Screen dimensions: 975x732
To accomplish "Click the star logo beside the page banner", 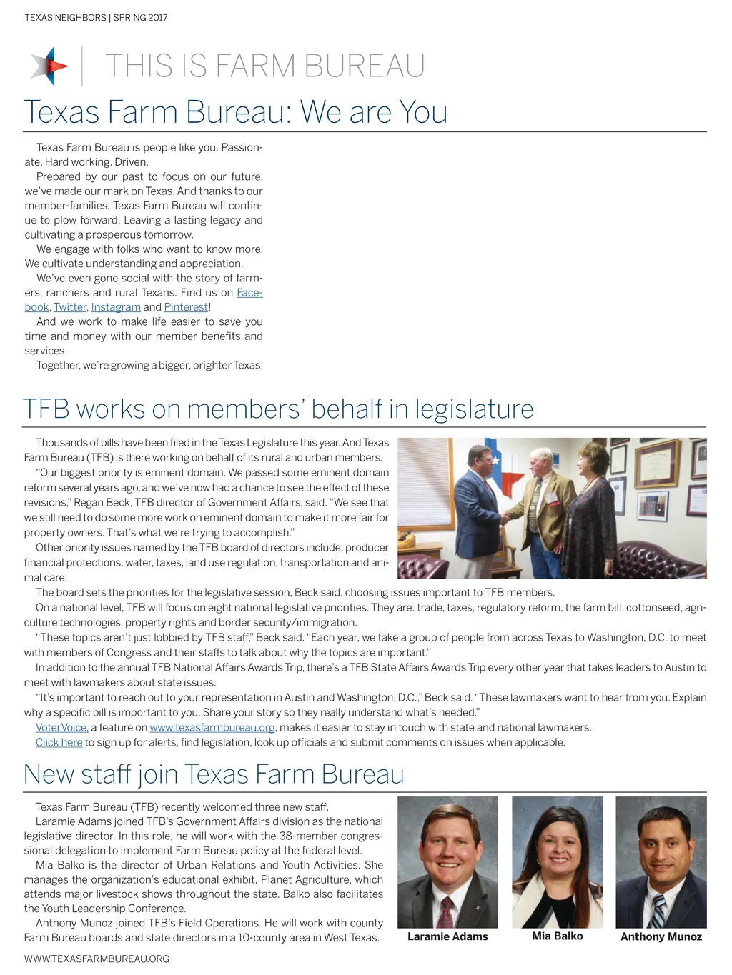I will tap(49, 66).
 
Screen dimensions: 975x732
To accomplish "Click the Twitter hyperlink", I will tap(70, 307).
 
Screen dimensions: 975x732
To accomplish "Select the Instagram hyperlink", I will tap(116, 307).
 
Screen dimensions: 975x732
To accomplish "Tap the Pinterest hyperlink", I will tap(186, 307).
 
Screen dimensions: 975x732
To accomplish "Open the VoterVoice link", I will tap(62, 727).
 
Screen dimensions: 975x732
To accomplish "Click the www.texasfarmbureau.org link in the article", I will tap(212, 727).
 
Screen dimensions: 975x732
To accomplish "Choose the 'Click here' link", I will tap(59, 742).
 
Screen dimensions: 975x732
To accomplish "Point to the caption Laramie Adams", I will tap(447, 936).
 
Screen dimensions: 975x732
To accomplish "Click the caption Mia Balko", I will tap(558, 936).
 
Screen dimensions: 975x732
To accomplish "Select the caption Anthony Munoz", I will tap(661, 936).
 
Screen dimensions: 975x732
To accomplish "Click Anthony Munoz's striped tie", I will tap(658, 911).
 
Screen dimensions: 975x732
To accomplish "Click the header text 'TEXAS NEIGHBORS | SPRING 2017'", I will tap(97, 18).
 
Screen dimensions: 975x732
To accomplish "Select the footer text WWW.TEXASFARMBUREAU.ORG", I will tap(97, 959).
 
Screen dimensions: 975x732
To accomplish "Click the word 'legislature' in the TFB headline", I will tap(474, 409).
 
